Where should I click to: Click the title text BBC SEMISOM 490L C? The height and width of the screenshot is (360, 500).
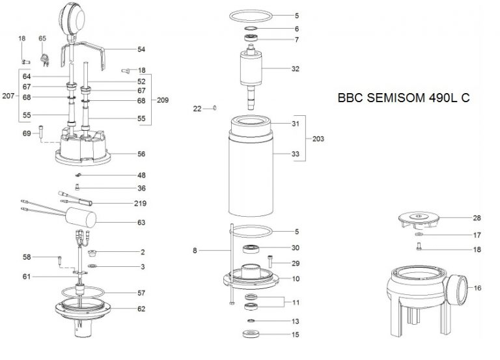tap(404, 99)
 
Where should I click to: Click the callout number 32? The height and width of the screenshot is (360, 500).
tap(296, 68)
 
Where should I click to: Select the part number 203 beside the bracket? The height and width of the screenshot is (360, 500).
tap(318, 139)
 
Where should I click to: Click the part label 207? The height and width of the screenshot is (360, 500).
tap(8, 96)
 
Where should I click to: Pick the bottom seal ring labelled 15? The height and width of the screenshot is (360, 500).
tap(250, 335)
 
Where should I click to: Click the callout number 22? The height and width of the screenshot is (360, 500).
tap(197, 108)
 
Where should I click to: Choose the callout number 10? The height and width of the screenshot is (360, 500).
tap(296, 279)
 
